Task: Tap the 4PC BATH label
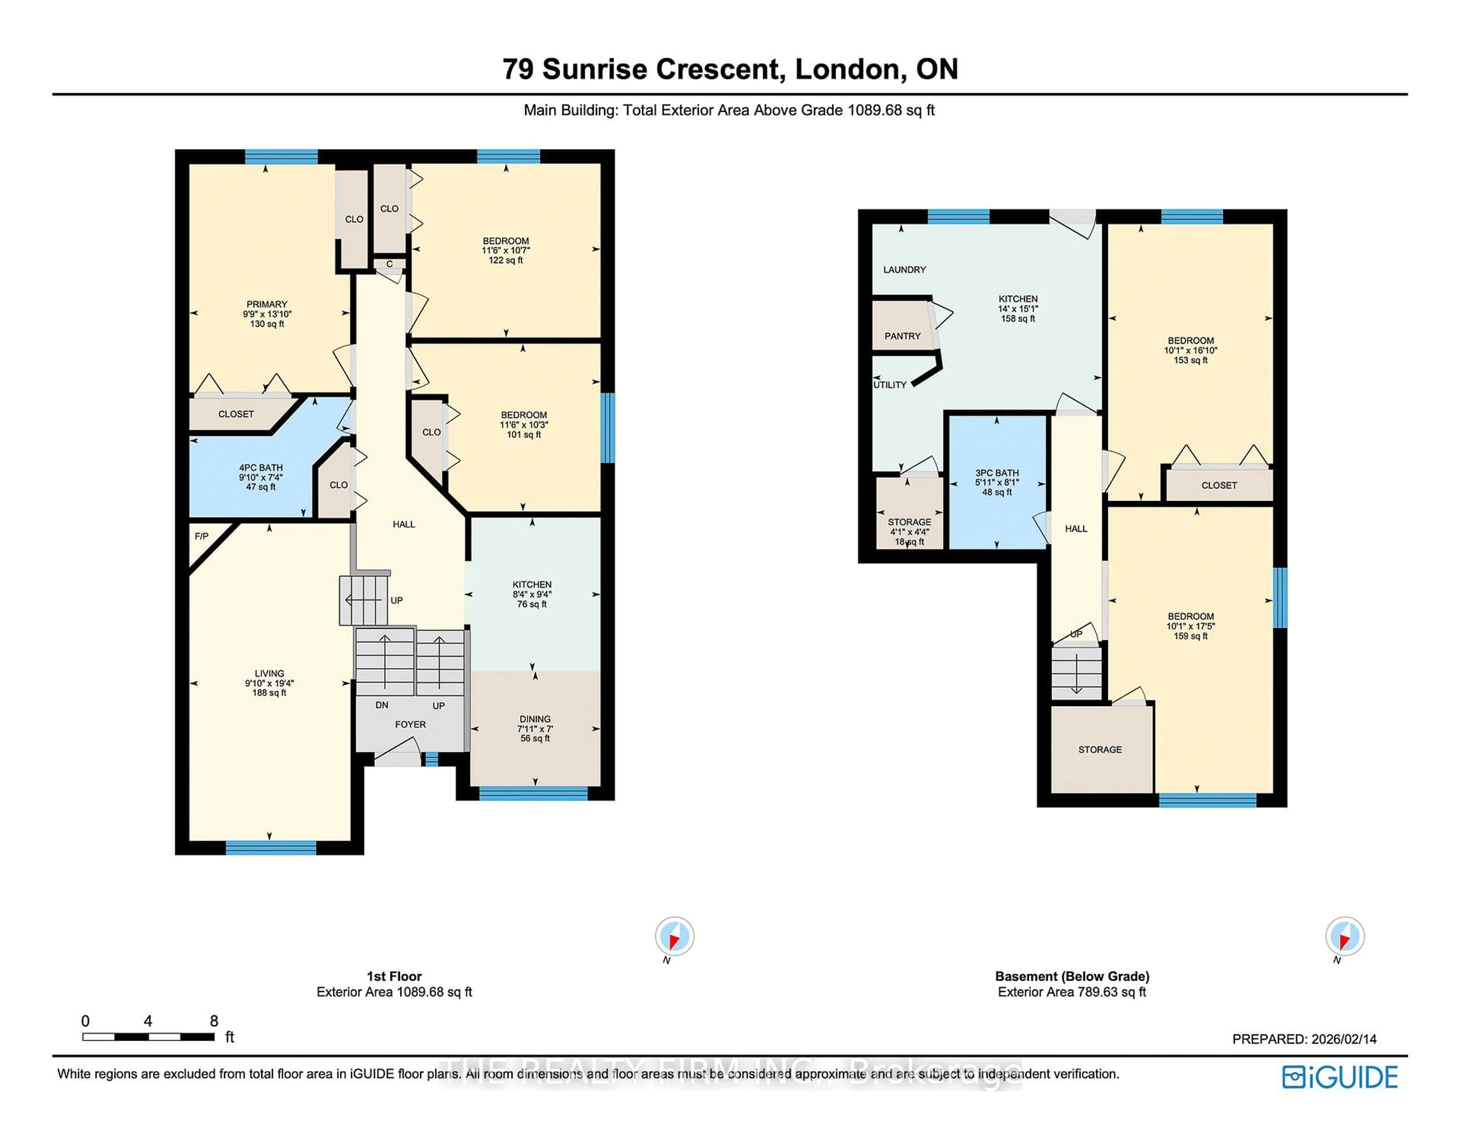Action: pyautogui.click(x=261, y=477)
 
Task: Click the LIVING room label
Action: pyautogui.click(x=270, y=683)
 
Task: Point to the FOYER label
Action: pyautogui.click(x=410, y=724)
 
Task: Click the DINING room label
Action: pyautogui.click(x=535, y=728)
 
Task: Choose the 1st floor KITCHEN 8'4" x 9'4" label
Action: pyautogui.click(x=532, y=594)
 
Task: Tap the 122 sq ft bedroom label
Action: pyautogui.click(x=506, y=250)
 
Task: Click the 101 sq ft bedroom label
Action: pyautogui.click(x=524, y=424)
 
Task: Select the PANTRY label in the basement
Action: pyautogui.click(x=903, y=336)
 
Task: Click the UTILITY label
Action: pyautogui.click(x=890, y=385)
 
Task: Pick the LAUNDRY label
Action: pyautogui.click(x=905, y=270)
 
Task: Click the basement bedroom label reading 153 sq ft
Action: pyautogui.click(x=1190, y=350)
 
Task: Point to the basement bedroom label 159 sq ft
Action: pyautogui.click(x=1190, y=626)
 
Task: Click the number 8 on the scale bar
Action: pyautogui.click(x=214, y=1021)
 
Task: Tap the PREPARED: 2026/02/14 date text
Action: pyautogui.click(x=1304, y=1039)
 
